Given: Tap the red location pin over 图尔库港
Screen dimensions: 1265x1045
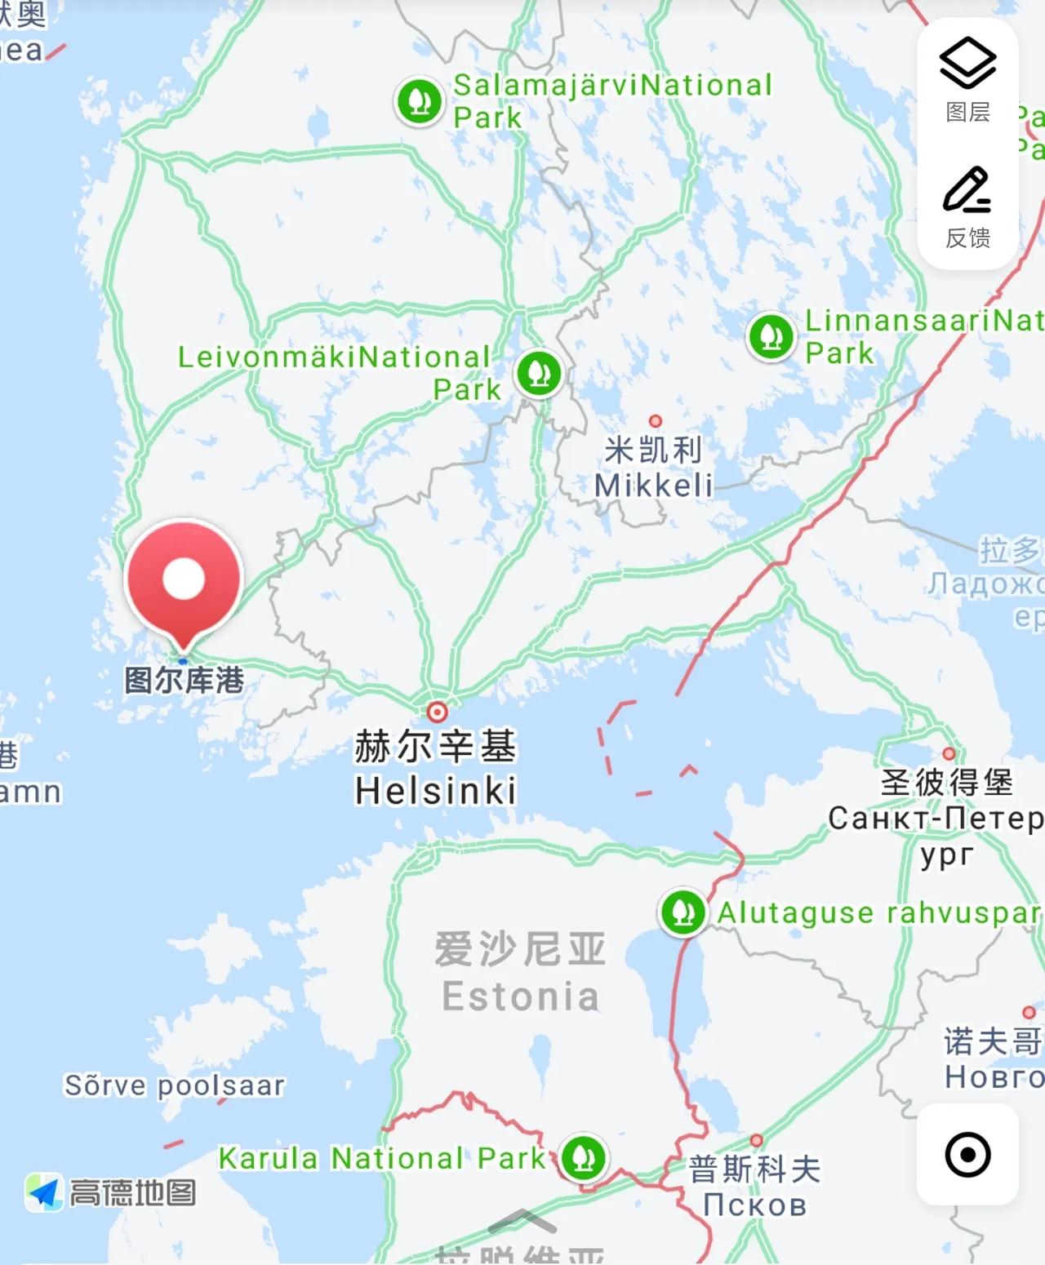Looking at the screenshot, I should (x=184, y=579).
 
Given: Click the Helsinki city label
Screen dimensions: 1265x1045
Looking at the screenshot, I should (x=436, y=790).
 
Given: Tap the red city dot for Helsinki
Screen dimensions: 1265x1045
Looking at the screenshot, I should (x=438, y=712).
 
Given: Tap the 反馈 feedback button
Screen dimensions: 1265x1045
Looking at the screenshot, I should (x=967, y=207).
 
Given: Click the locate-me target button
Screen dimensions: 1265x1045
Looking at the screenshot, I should (x=967, y=1155).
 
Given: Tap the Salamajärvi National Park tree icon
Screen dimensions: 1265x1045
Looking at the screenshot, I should (x=420, y=101).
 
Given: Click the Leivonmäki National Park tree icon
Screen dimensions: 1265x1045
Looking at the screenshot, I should (x=539, y=373).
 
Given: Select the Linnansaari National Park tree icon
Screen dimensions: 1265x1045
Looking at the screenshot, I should (x=771, y=335).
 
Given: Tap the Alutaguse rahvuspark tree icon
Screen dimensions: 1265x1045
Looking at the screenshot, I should (x=683, y=911).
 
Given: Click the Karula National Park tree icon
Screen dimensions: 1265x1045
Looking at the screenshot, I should (x=583, y=1156).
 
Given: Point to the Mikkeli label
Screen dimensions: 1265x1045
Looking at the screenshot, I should (x=653, y=486).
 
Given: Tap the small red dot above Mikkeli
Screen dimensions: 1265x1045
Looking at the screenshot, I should (x=655, y=421).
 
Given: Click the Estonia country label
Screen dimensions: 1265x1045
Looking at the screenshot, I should (x=520, y=996).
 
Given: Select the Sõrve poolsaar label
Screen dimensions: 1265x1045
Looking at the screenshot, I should (x=175, y=1085).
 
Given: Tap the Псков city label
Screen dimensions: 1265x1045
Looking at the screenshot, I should (x=754, y=1205).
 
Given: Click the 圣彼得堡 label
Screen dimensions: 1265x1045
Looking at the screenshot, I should (x=946, y=782).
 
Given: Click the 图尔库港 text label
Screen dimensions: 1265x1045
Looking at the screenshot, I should (x=184, y=680).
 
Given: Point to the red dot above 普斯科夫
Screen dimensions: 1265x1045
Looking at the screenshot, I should (x=757, y=1140).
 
